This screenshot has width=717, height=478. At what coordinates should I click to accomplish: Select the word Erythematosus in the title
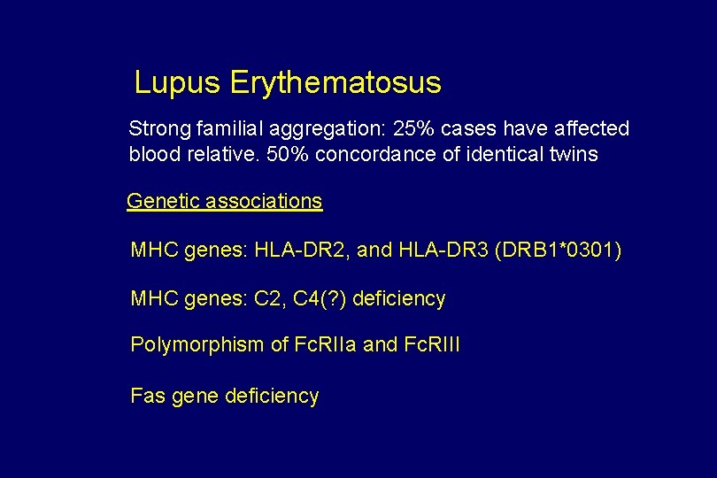pos(335,83)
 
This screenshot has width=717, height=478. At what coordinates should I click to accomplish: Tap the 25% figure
pos(413,129)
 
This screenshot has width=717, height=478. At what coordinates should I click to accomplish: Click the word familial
pos(220,129)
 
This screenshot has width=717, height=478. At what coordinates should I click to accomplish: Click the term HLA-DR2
pos(301,251)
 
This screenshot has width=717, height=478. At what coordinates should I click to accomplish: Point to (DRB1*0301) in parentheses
pos(559,251)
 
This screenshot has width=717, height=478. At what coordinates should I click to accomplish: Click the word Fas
pos(147,397)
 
